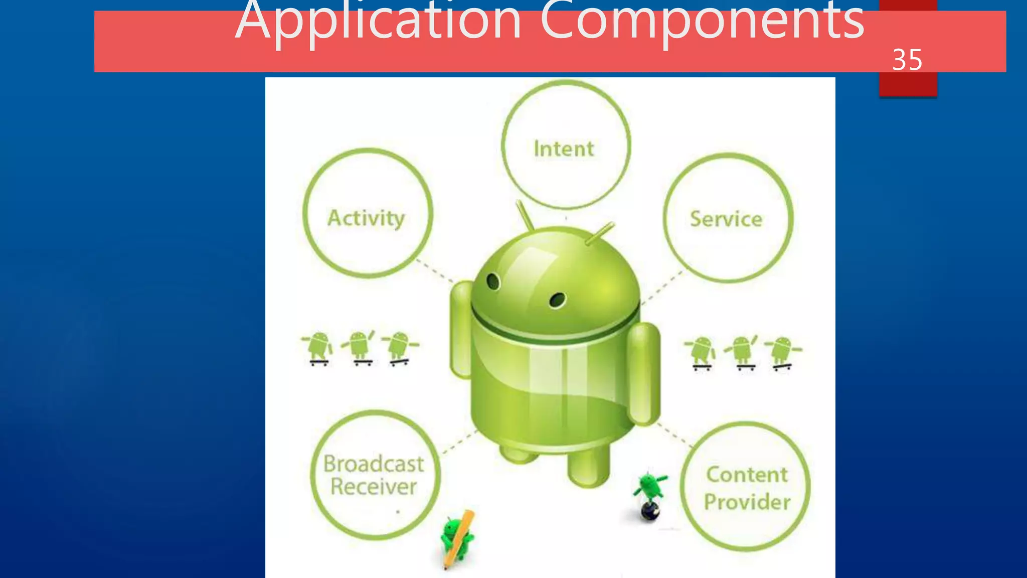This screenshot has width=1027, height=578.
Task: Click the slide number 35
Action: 907,60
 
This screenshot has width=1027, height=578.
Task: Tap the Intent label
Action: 564,149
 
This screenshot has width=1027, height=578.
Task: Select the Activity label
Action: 366,218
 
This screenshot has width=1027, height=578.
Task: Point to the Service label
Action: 726,219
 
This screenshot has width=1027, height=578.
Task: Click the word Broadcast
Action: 374,464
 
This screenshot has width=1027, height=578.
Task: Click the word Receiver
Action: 374,487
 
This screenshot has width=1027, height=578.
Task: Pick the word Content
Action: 747,475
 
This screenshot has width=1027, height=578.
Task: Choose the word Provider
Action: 747,502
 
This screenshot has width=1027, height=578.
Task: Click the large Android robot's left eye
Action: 493,281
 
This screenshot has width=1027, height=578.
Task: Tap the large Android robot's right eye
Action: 557,300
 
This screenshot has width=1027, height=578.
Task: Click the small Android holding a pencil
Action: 457,539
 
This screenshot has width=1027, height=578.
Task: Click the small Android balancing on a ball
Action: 650,494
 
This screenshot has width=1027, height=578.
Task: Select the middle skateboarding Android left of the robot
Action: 359,347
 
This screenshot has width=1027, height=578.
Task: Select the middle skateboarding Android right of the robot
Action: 742,352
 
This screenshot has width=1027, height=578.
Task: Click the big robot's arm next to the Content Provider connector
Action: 644,374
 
